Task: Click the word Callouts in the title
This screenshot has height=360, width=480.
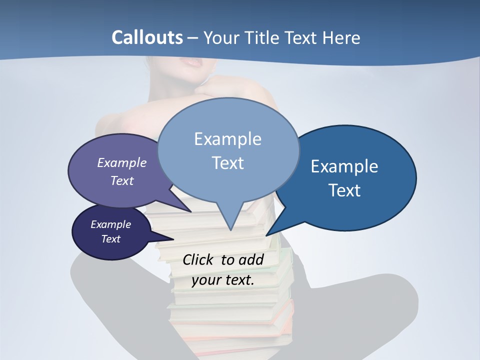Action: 147,37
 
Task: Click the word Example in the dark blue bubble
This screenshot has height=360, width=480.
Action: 344,166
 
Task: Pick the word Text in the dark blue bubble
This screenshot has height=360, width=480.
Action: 344,190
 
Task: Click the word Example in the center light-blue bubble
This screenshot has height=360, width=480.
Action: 227,139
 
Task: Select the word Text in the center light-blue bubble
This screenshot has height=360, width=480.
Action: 227,163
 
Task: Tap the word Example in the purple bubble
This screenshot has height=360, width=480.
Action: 122,162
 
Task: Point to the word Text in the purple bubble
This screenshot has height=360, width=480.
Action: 122,180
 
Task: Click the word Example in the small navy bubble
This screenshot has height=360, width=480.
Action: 110,224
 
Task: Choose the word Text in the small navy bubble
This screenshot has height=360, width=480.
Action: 110,239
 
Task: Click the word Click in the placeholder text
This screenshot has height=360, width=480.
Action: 199,259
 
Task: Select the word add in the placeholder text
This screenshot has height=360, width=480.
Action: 251,259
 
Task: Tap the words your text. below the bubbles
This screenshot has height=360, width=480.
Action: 223,280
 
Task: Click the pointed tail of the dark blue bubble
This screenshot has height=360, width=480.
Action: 270,232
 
